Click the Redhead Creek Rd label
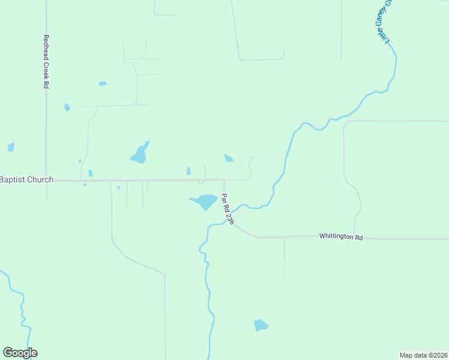tap(46, 62)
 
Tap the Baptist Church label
tap(26, 179)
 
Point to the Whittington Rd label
tap(341, 237)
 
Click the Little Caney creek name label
tap(384, 21)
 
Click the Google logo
tap(20, 353)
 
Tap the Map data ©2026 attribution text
tap(424, 355)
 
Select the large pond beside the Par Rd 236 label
tap(204, 201)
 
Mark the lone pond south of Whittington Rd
tap(261, 325)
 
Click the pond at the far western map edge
tap(11, 147)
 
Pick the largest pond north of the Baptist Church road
tap(139, 154)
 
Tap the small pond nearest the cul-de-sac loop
tap(229, 158)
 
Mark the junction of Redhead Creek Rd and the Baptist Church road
tap(46, 180)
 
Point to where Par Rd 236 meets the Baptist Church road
tap(224, 179)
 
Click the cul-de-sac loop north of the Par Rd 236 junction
tap(252, 158)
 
